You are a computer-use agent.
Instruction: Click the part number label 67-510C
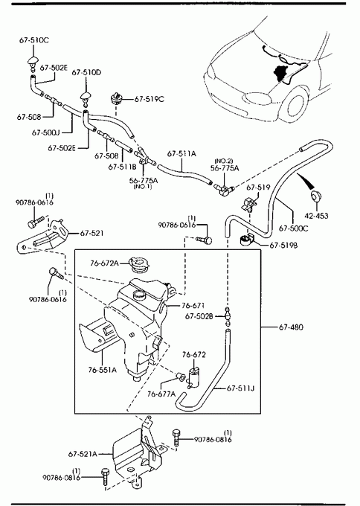point(34,40)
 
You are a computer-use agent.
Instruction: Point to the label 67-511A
point(181,153)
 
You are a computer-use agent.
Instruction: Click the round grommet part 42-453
point(316,196)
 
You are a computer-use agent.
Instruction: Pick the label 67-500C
point(293,228)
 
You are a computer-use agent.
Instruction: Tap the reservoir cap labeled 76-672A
point(138,265)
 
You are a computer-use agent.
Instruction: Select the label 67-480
point(291,327)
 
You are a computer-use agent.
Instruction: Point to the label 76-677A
point(161,394)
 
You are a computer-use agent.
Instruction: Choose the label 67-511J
point(240,388)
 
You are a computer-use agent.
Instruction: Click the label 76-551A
point(102,370)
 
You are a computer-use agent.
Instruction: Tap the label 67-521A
point(83,454)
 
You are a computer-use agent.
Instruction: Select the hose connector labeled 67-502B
point(228,316)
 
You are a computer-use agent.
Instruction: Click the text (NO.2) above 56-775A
point(224,161)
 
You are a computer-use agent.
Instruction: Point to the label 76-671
point(193,305)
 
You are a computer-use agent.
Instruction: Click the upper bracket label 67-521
point(91,233)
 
